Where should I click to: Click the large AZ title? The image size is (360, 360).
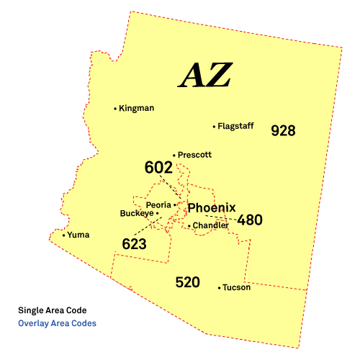coord(205,75)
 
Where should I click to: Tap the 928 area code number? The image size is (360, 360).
coord(283,131)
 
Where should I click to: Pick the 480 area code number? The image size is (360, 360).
coord(250,220)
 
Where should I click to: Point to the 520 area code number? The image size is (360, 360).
coord(187,282)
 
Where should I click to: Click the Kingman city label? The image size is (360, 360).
coord(137,109)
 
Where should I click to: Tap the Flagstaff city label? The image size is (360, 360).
coord(236,127)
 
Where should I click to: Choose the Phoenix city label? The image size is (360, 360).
coord(211,208)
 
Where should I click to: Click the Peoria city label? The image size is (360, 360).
coord(158,204)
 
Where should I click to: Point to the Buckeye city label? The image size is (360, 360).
coord(136,214)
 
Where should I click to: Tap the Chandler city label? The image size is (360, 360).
coord(210,225)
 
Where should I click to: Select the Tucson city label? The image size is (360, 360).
coord(237,288)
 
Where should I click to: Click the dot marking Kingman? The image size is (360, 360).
coord(115,109)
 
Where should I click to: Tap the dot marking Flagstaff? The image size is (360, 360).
coord(214,127)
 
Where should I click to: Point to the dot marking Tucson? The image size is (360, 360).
coord(219,288)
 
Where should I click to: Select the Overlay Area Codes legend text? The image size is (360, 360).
coord(57,323)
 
